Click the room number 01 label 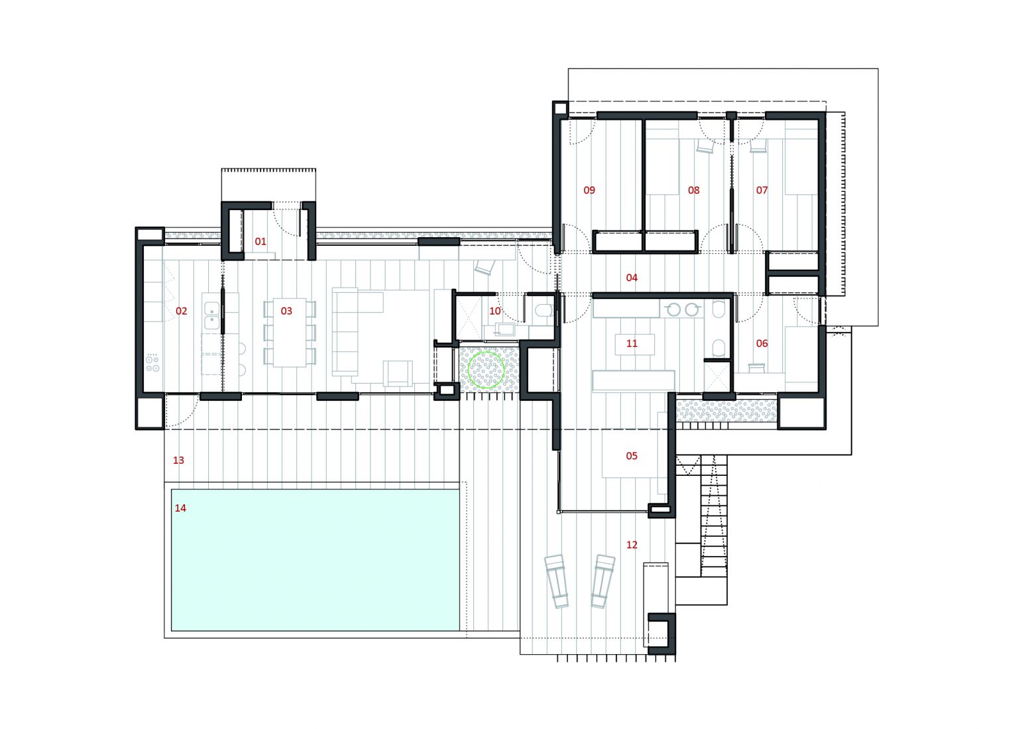[x=260, y=241]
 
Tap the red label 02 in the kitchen [x=181, y=311]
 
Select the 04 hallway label [x=632, y=278]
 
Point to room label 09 [x=589, y=190]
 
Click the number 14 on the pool [x=180, y=508]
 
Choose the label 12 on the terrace [x=632, y=545]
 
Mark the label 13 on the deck [x=178, y=460]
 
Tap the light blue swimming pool [x=315, y=560]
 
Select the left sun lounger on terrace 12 [x=556, y=581]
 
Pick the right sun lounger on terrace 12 [x=603, y=581]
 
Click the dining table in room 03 [x=290, y=332]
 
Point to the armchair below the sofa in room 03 [x=398, y=373]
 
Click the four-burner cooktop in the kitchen [x=152, y=363]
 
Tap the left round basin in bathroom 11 [x=673, y=309]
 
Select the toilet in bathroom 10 [x=545, y=311]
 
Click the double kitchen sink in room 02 [x=211, y=315]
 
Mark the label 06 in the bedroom [x=762, y=343]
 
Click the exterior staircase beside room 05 [x=714, y=516]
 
